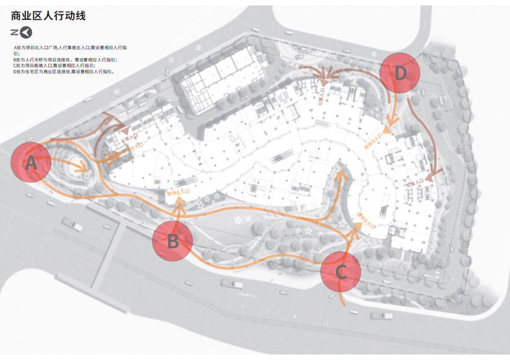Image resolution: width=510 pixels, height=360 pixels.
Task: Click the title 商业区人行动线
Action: click(49, 16)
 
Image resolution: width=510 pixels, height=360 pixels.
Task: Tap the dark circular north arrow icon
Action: click(26, 32)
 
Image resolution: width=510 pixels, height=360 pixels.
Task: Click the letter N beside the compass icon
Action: click(14, 32)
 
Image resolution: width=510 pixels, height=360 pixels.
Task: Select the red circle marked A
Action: click(31, 162)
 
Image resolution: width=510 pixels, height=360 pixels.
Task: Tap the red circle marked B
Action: click(173, 241)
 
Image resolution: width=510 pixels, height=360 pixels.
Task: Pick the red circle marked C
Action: click(340, 272)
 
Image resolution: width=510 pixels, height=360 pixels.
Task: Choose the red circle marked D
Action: click(400, 73)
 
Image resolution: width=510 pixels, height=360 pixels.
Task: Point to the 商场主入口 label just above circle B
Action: click(178, 193)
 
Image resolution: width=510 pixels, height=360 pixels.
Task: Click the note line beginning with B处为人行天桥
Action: click(65, 60)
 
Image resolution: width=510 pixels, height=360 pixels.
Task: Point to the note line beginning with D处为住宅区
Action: click(63, 72)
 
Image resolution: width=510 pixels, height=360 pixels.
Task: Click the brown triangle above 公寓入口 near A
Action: click(125, 129)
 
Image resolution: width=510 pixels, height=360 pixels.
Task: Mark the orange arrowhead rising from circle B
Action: click(178, 209)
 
